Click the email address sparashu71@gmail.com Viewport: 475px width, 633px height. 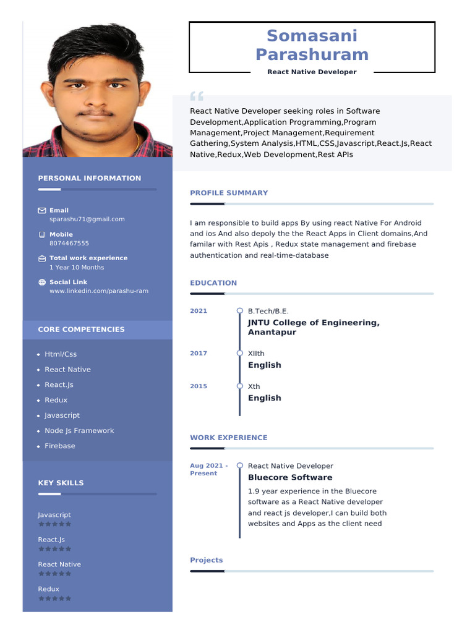87,219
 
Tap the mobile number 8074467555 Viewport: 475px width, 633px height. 69,243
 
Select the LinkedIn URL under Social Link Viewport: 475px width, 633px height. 99,291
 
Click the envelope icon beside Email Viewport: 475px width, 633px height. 42,211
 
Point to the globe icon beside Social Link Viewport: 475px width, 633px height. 42,283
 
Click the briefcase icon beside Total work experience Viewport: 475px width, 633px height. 42,258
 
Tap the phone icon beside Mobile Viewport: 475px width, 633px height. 42,235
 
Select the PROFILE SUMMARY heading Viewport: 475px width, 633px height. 229,193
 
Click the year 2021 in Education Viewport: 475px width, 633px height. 199,311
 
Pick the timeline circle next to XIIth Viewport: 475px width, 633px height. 240,353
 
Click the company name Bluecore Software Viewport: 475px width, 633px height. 289,477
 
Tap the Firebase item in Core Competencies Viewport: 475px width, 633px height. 59,446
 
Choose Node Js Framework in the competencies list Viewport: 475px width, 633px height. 79,430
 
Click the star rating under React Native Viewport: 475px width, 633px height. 54,574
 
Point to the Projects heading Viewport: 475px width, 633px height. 206,560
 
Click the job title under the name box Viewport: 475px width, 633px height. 312,72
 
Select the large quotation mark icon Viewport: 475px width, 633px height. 197,96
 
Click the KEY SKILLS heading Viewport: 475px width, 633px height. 61,483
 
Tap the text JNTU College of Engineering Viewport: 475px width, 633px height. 314,323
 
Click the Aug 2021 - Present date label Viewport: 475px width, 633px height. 208,469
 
